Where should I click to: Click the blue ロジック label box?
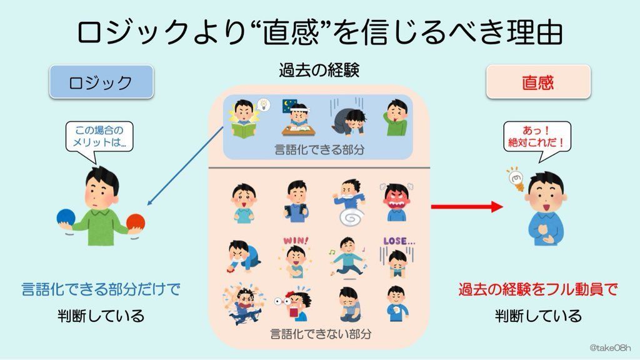coord(101,82)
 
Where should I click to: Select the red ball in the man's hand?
coord(136,222)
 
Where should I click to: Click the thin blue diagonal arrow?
coord(185,166)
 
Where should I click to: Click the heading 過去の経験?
coord(319,70)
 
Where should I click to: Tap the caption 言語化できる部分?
coord(319,149)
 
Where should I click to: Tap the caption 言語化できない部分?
coord(319,333)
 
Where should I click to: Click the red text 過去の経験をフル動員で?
coord(537,289)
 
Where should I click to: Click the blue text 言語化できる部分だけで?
coord(100,289)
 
